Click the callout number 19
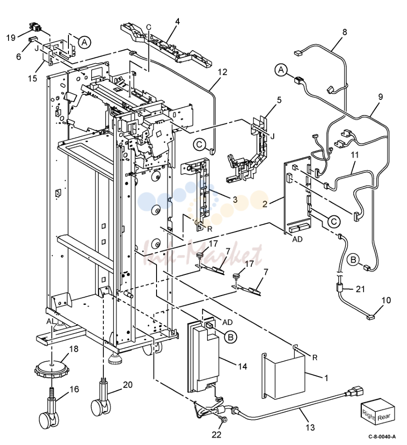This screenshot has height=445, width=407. (x=11, y=38)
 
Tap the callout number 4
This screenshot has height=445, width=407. (x=177, y=21)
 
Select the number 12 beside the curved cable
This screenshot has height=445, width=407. (x=223, y=72)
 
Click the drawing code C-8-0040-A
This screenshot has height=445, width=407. (x=382, y=436)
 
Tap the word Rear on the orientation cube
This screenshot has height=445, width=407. (x=384, y=417)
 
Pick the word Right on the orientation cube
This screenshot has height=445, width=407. (x=369, y=415)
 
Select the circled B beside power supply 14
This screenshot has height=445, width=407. (x=231, y=337)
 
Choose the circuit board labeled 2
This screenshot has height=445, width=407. (x=297, y=196)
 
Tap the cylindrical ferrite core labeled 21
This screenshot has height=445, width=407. (x=339, y=289)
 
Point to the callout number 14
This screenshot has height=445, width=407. (x=242, y=366)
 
